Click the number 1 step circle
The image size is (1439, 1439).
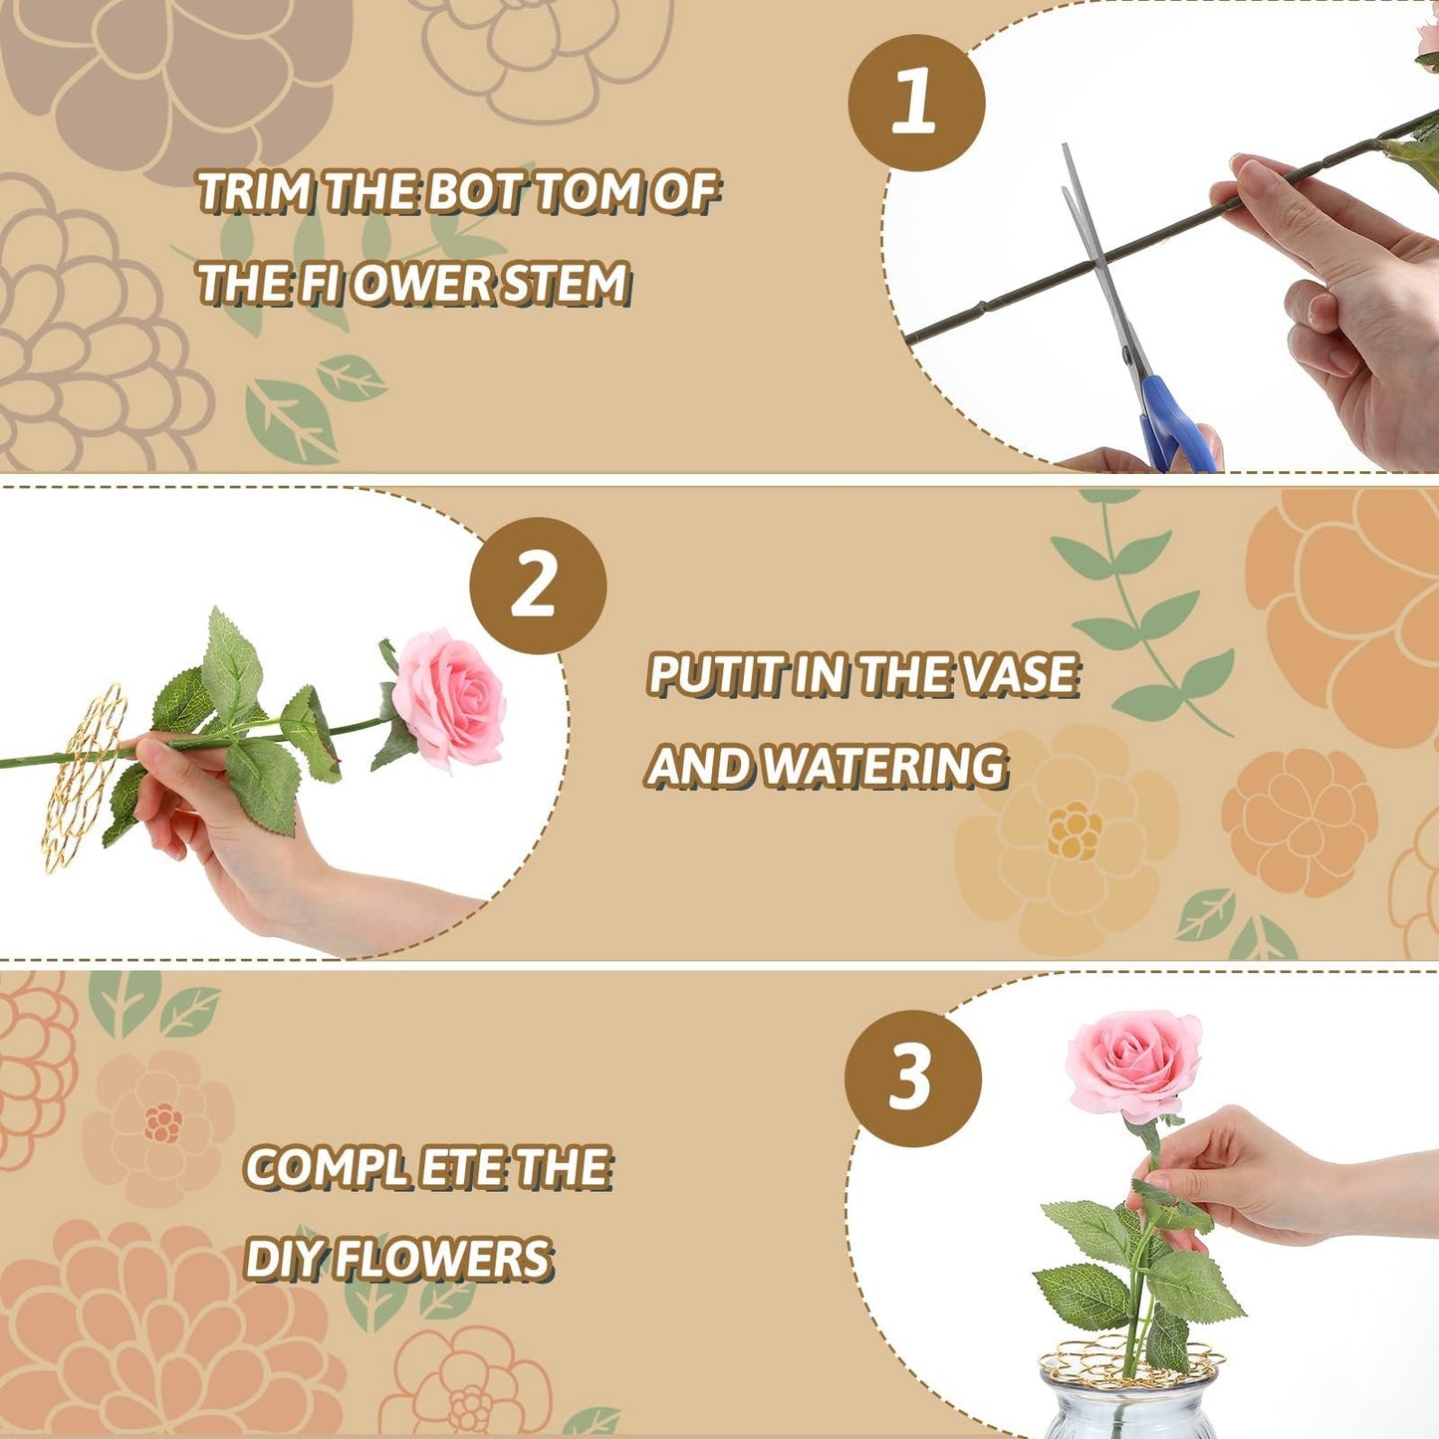(x=916, y=103)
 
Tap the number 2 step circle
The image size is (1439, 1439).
(x=538, y=586)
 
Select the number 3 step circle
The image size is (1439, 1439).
(x=912, y=1078)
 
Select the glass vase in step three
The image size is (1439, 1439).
(x=1125, y=1409)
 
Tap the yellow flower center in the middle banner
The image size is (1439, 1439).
(x=1075, y=832)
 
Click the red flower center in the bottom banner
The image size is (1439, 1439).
(x=162, y=1123)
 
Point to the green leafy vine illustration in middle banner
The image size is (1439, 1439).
(x=1145, y=617)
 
